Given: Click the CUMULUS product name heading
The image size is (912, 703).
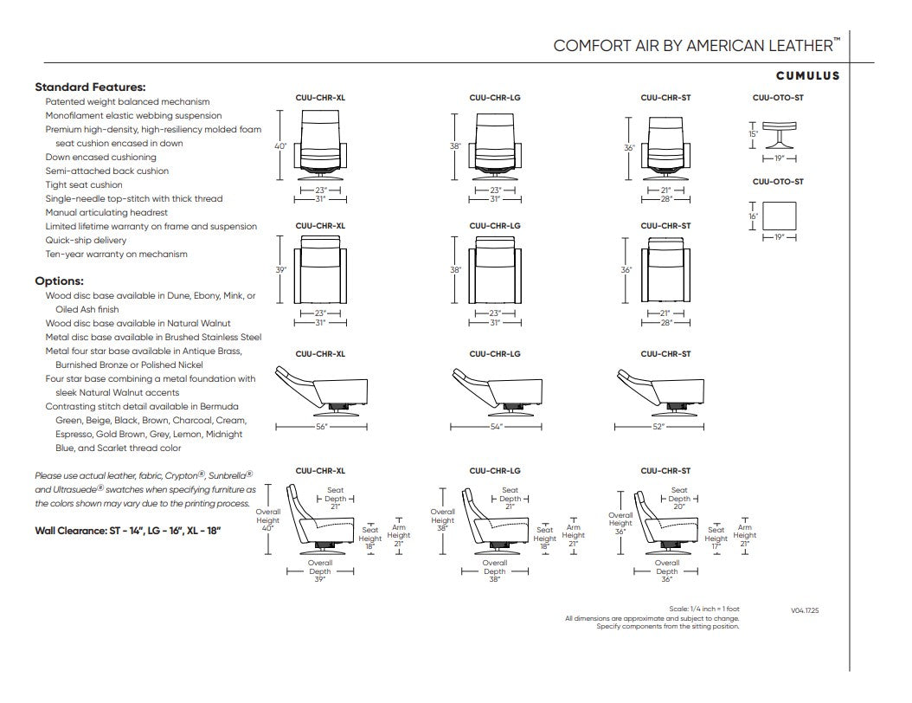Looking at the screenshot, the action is (808, 75).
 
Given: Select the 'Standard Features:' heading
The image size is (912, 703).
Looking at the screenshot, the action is (90, 87).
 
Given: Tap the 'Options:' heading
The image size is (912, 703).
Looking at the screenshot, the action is (60, 281).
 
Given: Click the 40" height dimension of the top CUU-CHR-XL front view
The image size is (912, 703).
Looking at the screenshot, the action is (280, 146).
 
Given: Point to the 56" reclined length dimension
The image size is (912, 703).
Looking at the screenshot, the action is (322, 427).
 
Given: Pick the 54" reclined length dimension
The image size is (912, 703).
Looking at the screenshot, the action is (496, 427).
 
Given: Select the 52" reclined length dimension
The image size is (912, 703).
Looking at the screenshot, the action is (658, 427).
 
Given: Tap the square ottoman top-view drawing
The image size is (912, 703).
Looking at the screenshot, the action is (780, 216).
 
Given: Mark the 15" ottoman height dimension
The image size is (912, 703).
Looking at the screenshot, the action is (753, 134).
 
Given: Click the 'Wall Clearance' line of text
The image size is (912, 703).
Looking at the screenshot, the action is (128, 531).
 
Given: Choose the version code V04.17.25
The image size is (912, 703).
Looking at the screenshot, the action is (805, 610).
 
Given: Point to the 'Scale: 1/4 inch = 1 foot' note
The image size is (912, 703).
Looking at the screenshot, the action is (704, 609).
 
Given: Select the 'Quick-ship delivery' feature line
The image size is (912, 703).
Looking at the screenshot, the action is (86, 241).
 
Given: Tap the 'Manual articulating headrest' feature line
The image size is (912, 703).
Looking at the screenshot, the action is (106, 212).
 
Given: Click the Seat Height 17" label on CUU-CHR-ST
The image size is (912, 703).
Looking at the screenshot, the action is (716, 538).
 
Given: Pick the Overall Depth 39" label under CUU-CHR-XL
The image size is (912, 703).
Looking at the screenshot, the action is (320, 571).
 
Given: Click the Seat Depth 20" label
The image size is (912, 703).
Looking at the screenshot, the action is (679, 498).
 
